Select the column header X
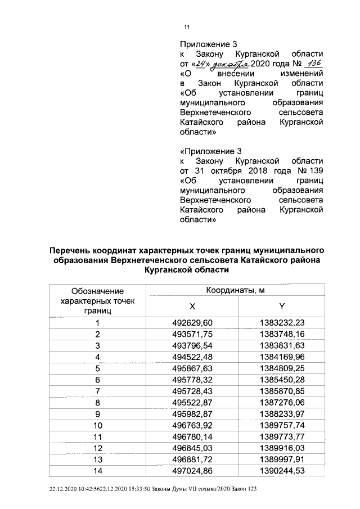point(192,306)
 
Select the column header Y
point(282,306)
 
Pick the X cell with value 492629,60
point(193,323)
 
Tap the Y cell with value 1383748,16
point(282,334)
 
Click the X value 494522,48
point(193,357)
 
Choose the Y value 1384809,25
point(282,368)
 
